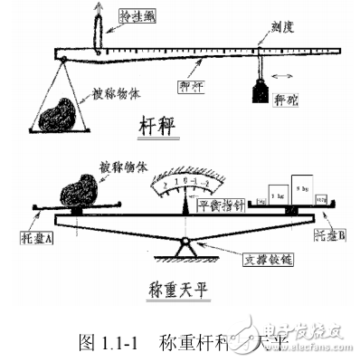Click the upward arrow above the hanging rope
[x=98, y=11]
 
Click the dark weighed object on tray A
[x=79, y=192]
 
